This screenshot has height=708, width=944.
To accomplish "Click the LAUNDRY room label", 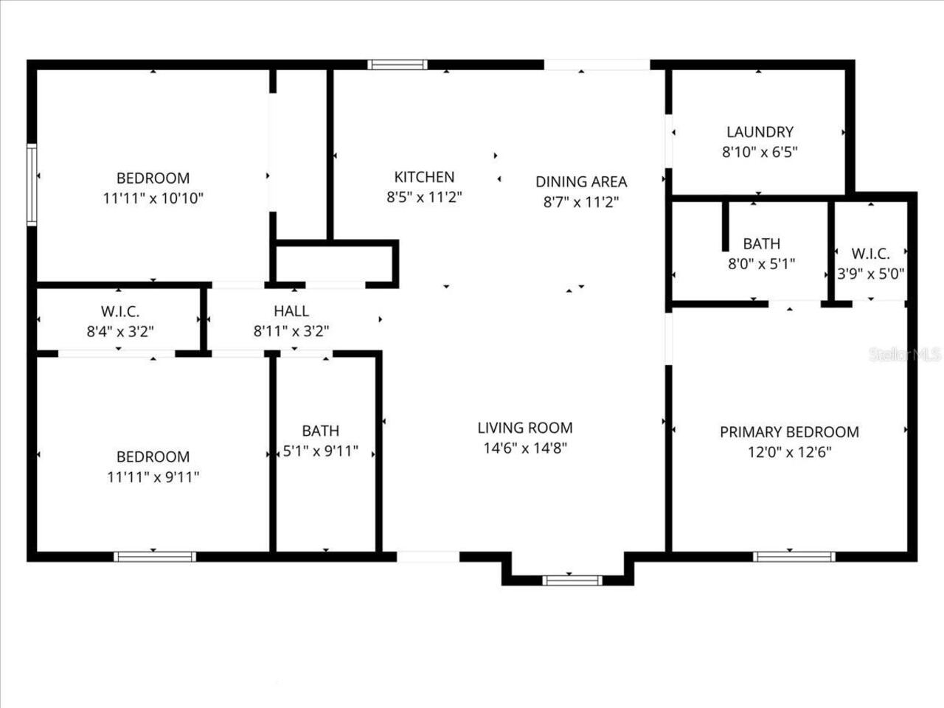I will point(760,132).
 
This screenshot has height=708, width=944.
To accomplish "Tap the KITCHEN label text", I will point(424,177).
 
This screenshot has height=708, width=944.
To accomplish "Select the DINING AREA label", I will point(581,181).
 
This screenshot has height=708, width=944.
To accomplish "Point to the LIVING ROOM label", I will point(525,428).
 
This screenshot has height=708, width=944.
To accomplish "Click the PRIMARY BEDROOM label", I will point(789,432).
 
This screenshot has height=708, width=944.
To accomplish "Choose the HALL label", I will point(291,311).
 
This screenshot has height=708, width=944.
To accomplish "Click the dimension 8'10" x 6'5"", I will point(760,153).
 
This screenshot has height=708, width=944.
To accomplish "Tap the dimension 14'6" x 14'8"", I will point(525,448).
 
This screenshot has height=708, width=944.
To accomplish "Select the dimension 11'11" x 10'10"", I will point(153,198).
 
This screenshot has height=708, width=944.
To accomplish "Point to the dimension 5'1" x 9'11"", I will point(321,451).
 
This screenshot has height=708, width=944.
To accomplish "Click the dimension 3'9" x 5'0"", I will point(870,274).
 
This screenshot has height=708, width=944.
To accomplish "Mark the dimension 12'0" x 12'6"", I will point(789,452).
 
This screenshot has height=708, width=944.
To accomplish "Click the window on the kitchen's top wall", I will point(398,65).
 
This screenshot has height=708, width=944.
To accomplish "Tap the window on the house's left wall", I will point(32,184).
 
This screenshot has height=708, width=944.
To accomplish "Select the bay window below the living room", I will point(572,580).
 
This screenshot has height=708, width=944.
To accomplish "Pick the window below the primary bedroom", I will point(794,557).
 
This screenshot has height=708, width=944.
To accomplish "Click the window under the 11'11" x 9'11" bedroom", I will point(155,557).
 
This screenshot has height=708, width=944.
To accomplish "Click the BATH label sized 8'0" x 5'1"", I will point(761,243).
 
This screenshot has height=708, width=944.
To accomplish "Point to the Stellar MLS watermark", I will point(906,355).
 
